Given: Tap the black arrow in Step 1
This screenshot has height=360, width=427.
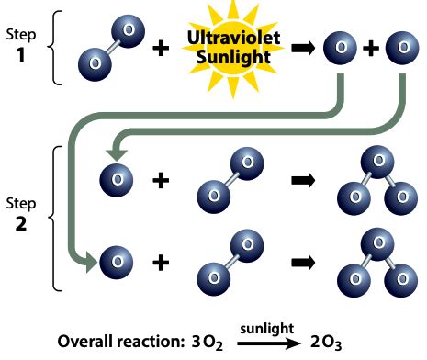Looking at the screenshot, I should (x=298, y=50).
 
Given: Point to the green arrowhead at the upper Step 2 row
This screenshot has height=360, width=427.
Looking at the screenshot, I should (x=113, y=154).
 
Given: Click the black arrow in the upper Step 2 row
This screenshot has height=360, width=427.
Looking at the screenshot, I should (x=298, y=181).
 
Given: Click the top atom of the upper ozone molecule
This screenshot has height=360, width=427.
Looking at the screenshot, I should (x=371, y=163).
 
